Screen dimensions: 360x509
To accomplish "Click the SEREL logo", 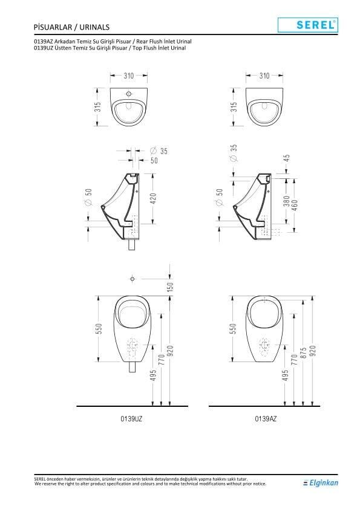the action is pos(308,25).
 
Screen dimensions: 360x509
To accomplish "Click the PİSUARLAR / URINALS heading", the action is pos(71,27).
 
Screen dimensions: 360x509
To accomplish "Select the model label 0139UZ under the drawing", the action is pos(131,418).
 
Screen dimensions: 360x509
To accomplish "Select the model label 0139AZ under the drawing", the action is pos(266,418).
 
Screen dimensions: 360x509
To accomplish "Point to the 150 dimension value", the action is pos(170,287).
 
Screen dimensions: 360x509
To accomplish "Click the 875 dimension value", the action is pos(304,353).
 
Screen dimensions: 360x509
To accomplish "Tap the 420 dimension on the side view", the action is pos(153,199).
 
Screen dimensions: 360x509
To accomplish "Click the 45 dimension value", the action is pos(286,158).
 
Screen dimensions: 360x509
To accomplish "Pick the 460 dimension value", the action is pos(295,205).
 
